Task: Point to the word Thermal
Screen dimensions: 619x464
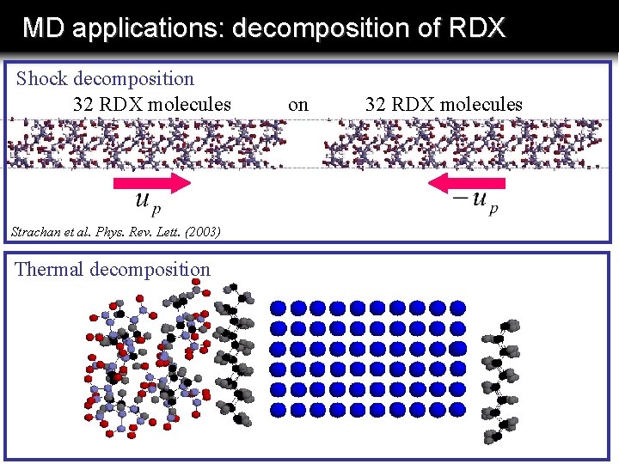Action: (x=49, y=269)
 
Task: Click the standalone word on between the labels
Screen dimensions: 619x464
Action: (x=298, y=105)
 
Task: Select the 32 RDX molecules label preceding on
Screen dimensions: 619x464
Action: (x=152, y=105)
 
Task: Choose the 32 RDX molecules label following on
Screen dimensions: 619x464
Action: (x=444, y=105)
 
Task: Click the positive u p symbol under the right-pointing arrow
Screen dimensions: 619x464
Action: (x=147, y=203)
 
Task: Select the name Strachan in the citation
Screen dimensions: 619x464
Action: (x=35, y=232)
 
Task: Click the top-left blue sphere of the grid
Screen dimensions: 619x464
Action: (x=279, y=308)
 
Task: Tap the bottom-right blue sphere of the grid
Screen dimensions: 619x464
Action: (x=457, y=410)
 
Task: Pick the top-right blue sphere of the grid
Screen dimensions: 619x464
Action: (x=457, y=308)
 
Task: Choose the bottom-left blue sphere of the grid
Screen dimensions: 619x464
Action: (x=279, y=410)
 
